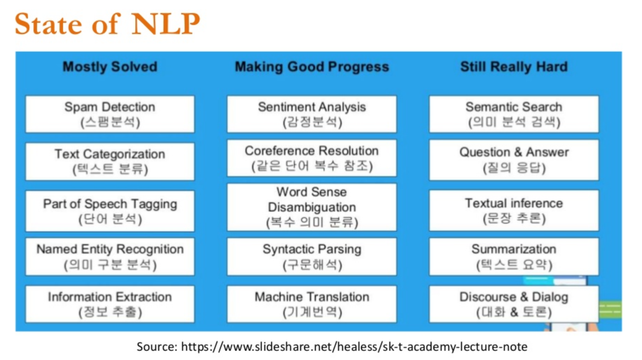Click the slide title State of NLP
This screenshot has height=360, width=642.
pos(107,23)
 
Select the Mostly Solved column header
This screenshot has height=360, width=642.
pos(110,67)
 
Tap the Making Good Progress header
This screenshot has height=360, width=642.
pos(312,67)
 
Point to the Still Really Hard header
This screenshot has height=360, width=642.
pos(514,67)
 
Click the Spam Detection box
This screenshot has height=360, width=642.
pos(110,114)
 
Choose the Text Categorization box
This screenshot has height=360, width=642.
pos(110,162)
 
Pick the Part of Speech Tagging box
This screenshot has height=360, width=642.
pos(110,211)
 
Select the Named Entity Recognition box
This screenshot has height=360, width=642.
pos(110,257)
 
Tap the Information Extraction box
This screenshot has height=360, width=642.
pos(110,304)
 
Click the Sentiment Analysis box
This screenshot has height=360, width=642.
pos(312,114)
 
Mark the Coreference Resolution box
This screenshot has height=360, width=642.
pos(312,158)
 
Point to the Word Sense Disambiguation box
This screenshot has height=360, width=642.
pos(312,207)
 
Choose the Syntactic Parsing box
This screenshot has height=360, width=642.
pos(312,257)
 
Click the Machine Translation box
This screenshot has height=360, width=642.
pos(312,304)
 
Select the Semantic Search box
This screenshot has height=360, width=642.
pos(514,114)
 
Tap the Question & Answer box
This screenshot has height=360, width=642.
pos(514,160)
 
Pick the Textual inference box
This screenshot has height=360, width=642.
pos(514,211)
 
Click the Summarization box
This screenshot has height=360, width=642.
pos(514,257)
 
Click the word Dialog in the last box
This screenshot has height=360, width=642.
pos(550,298)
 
